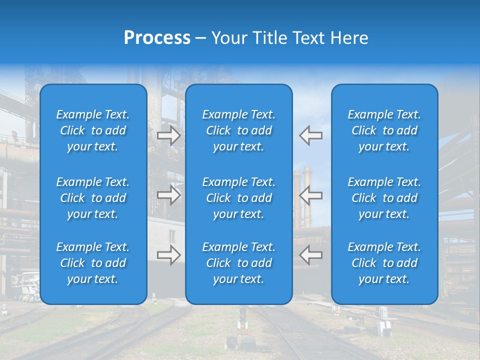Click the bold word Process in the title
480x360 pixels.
click(157, 38)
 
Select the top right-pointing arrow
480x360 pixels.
click(168, 135)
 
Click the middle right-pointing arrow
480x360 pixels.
click(168, 195)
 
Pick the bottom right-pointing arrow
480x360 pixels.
click(168, 255)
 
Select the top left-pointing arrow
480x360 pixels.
click(311, 135)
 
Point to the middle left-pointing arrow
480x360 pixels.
click(311, 195)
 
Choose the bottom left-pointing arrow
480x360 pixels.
click(311, 255)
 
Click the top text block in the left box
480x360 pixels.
click(93, 130)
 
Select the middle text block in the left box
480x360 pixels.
click(93, 198)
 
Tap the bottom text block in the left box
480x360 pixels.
click(93, 263)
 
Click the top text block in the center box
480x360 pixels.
click(239, 130)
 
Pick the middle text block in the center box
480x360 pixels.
click(239, 198)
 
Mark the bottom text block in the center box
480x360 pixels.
click(239, 263)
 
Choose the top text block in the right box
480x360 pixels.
click(384, 130)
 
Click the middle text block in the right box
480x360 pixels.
click(384, 198)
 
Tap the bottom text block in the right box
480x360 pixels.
click(384, 263)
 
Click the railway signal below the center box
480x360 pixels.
click(243, 320)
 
